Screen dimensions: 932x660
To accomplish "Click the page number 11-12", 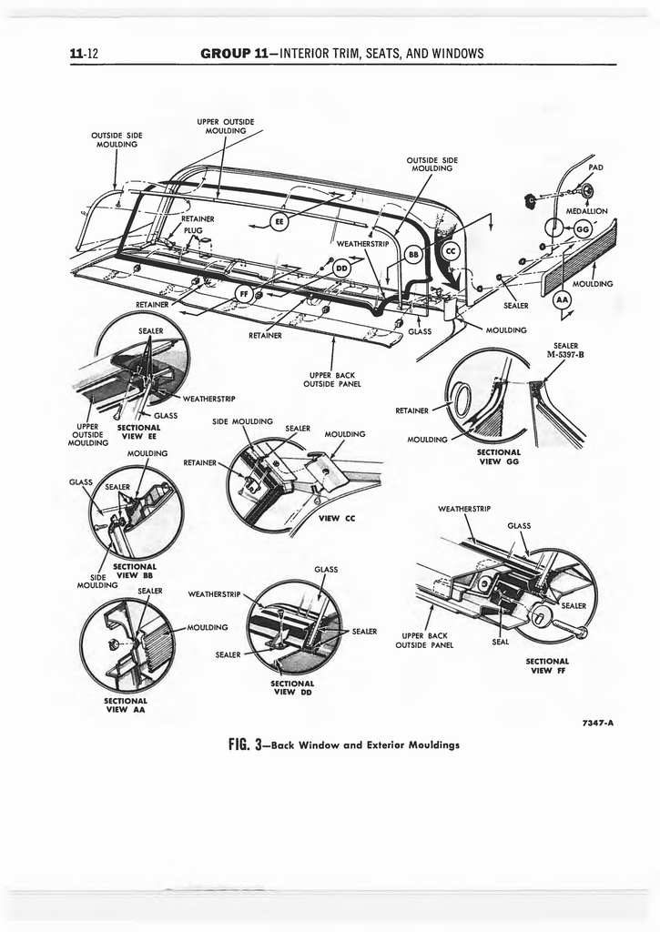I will coord(84,54).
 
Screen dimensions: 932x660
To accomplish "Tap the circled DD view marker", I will coord(342,268).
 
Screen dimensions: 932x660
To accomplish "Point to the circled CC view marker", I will coord(449,251).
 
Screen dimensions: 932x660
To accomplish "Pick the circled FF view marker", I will coord(244,292).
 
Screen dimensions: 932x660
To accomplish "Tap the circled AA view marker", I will coord(562,300).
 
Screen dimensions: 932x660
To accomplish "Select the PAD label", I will coord(595,167).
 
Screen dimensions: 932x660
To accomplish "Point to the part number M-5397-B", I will coord(564,354).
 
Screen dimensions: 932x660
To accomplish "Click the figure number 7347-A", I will coord(597,724).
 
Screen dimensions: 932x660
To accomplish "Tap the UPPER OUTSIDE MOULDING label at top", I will coord(225,126).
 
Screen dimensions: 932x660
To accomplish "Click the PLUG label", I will coord(193,230).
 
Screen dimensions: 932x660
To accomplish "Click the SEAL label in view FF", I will coord(500,641).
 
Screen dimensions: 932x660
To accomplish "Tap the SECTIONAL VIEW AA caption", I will coord(126,705).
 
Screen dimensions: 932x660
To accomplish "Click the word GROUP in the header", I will coord(226,54).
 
